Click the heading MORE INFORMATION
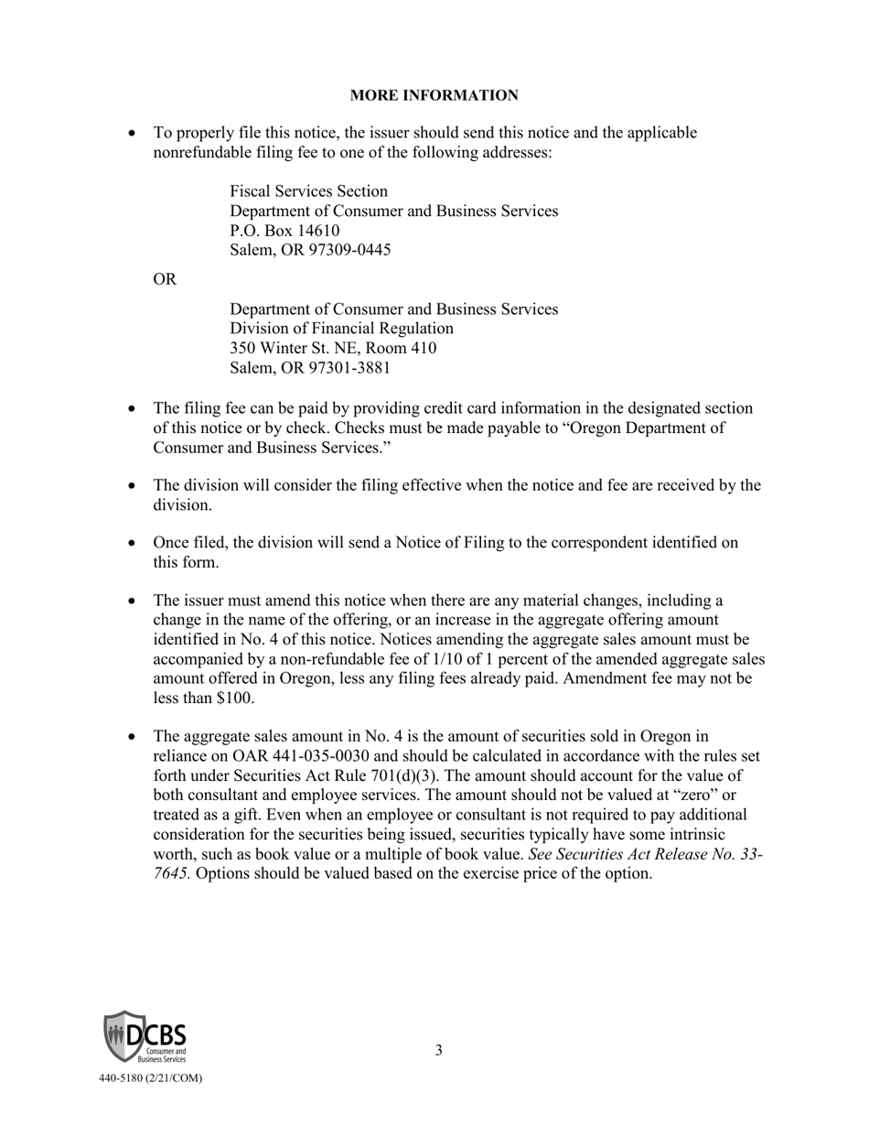[x=434, y=95]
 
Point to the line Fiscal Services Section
[x=308, y=191]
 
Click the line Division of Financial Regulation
[x=341, y=329]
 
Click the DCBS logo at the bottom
[x=145, y=1036]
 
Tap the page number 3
[x=438, y=1050]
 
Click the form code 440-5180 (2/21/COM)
[x=151, y=1078]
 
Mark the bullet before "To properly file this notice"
[x=134, y=134]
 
